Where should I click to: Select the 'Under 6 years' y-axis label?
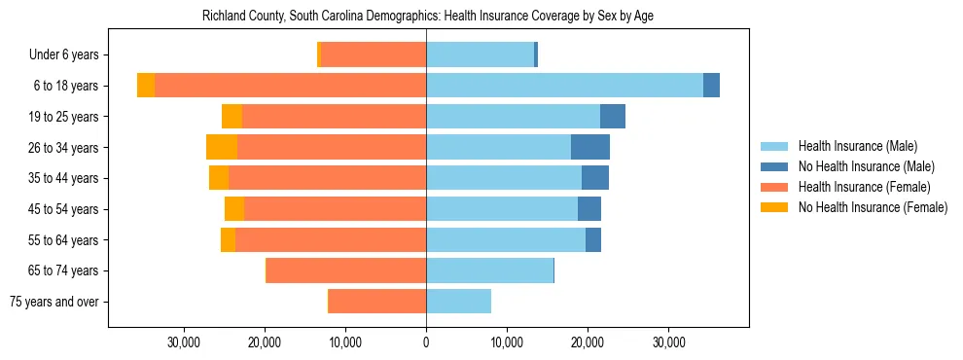pos(69,55)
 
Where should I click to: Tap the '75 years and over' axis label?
pos(54,302)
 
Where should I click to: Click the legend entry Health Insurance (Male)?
pos(857,146)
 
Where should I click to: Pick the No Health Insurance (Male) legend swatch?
pos(775,166)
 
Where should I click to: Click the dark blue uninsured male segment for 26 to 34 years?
pos(590,148)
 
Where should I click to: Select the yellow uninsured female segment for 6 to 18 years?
pos(146,86)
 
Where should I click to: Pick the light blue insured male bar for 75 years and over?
pos(458,302)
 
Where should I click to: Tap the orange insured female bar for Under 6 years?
pos(374,55)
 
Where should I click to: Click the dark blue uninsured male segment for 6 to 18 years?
pos(711,86)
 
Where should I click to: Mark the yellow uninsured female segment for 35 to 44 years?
pos(219,178)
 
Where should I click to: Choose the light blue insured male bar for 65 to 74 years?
pos(489,270)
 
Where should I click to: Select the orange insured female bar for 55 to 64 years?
pos(331,240)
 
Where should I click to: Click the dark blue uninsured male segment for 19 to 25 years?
pos(613,117)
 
